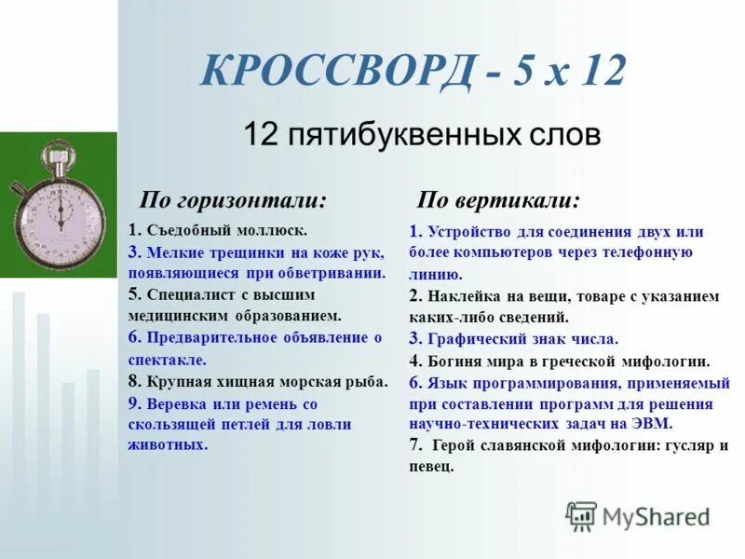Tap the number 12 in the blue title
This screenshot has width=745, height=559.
coord(595,73)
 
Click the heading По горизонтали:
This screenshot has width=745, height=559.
coord(233,201)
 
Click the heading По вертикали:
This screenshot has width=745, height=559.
coord(498,201)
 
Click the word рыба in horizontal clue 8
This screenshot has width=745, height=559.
coord(370,381)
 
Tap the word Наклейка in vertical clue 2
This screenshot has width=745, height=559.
coord(467,297)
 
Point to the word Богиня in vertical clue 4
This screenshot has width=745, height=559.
coord(457,361)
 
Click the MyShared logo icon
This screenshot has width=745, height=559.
coord(581,516)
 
